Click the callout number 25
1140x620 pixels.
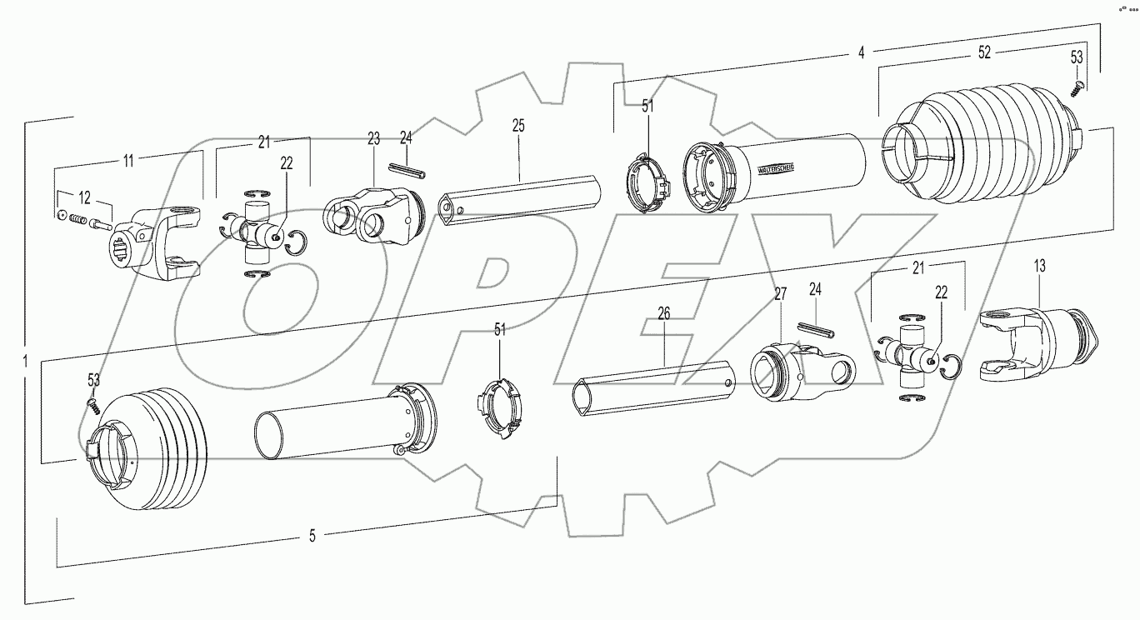tap(517, 126)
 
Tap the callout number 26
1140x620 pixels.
tap(663, 314)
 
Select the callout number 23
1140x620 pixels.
tap(372, 139)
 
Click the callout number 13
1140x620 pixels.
tap(1040, 266)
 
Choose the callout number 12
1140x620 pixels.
tap(85, 197)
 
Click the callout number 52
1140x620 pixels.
tap(984, 52)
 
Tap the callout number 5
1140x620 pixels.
tap(312, 537)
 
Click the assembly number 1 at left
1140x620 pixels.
tap(26, 362)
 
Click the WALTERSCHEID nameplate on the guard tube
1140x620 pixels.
tap(774, 167)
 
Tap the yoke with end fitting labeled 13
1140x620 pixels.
tap(1042, 346)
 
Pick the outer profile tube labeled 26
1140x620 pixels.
tap(654, 387)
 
